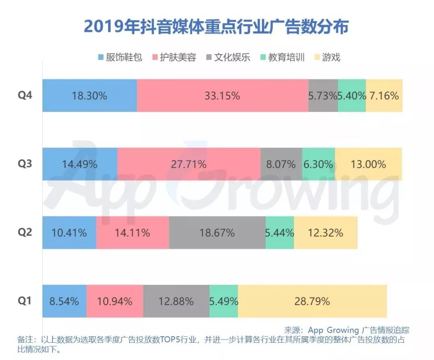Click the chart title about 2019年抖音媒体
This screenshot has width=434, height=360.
(216, 27)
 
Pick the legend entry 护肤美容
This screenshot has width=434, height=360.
(174, 57)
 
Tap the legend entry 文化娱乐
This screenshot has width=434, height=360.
(227, 57)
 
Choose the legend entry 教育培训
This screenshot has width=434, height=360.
(282, 57)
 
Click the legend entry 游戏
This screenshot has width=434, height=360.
(327, 57)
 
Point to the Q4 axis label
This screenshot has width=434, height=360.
(25, 96)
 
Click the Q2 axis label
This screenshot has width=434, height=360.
(25, 232)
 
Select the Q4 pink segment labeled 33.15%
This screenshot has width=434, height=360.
(222, 96)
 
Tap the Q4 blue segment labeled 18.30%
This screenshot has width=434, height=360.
(90, 96)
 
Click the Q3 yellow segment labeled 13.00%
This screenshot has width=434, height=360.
(368, 164)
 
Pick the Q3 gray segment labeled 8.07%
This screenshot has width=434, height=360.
(281, 164)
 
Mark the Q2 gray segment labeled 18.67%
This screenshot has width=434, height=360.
(217, 232)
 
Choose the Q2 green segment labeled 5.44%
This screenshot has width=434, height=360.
(280, 232)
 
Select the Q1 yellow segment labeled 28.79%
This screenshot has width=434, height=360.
(312, 301)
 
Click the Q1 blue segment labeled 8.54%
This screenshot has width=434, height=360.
(64, 301)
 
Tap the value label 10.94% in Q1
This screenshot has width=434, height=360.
(115, 301)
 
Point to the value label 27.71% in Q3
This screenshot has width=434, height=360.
(189, 164)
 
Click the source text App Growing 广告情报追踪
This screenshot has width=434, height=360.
(346, 330)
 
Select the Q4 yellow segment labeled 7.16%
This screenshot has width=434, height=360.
(384, 96)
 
